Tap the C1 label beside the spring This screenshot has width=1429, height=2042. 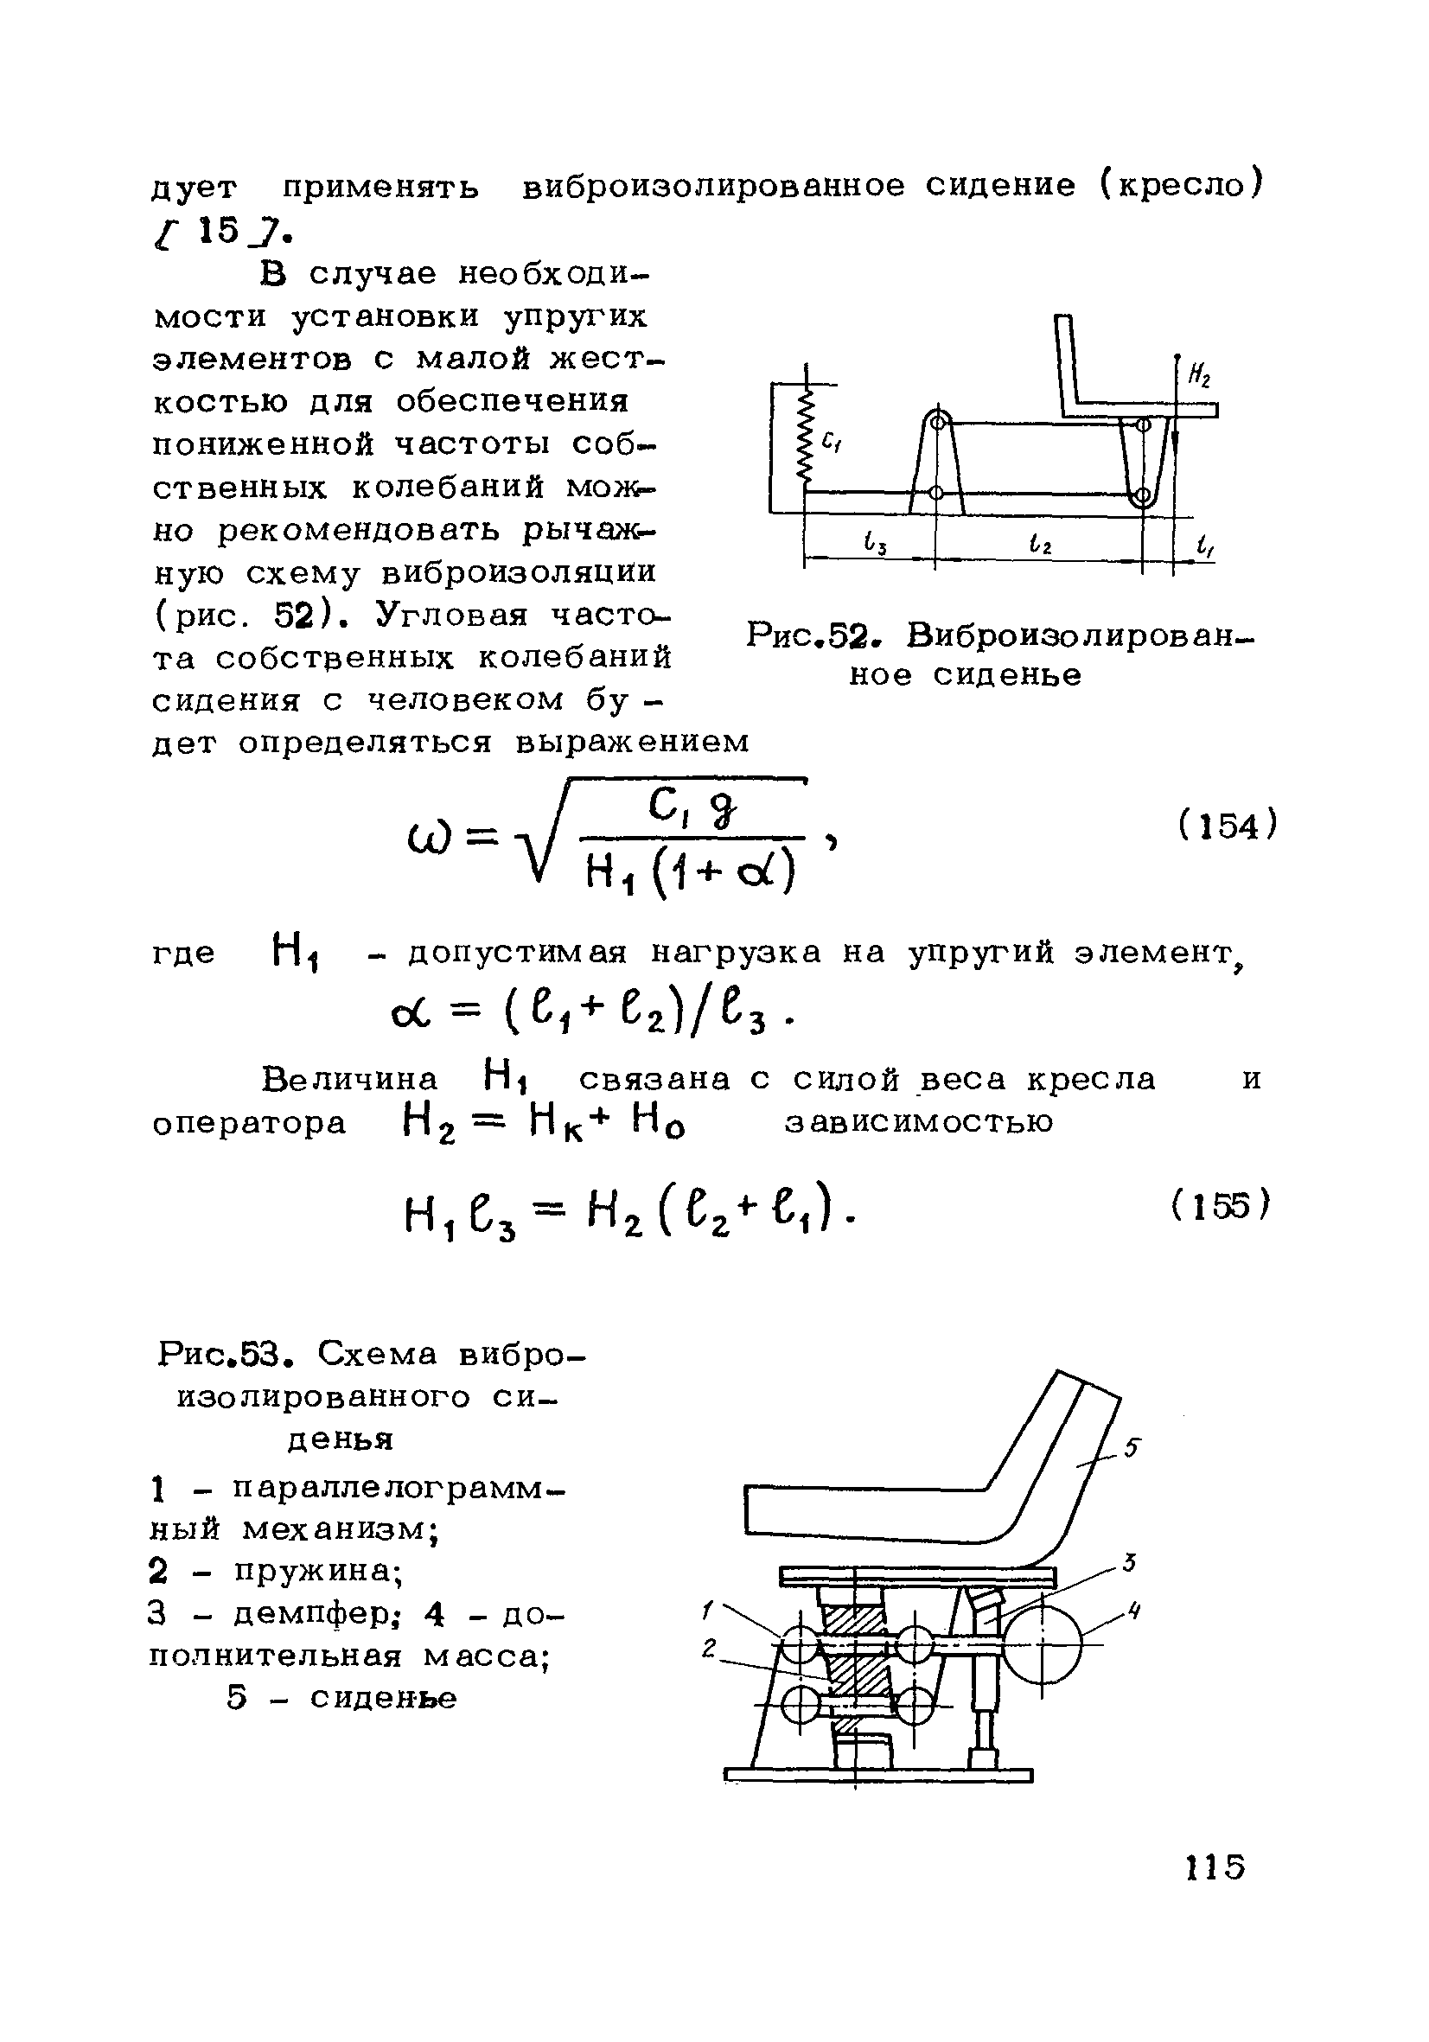[833, 439]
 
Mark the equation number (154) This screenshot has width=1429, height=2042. [1228, 826]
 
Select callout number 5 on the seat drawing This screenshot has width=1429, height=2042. [1131, 1448]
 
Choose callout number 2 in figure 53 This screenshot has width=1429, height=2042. [709, 1648]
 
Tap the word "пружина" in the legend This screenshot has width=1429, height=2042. [318, 1573]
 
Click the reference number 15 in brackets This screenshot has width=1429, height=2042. [220, 231]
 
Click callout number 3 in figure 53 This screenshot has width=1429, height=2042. [1129, 1563]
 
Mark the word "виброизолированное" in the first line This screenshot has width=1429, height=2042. [712, 186]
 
